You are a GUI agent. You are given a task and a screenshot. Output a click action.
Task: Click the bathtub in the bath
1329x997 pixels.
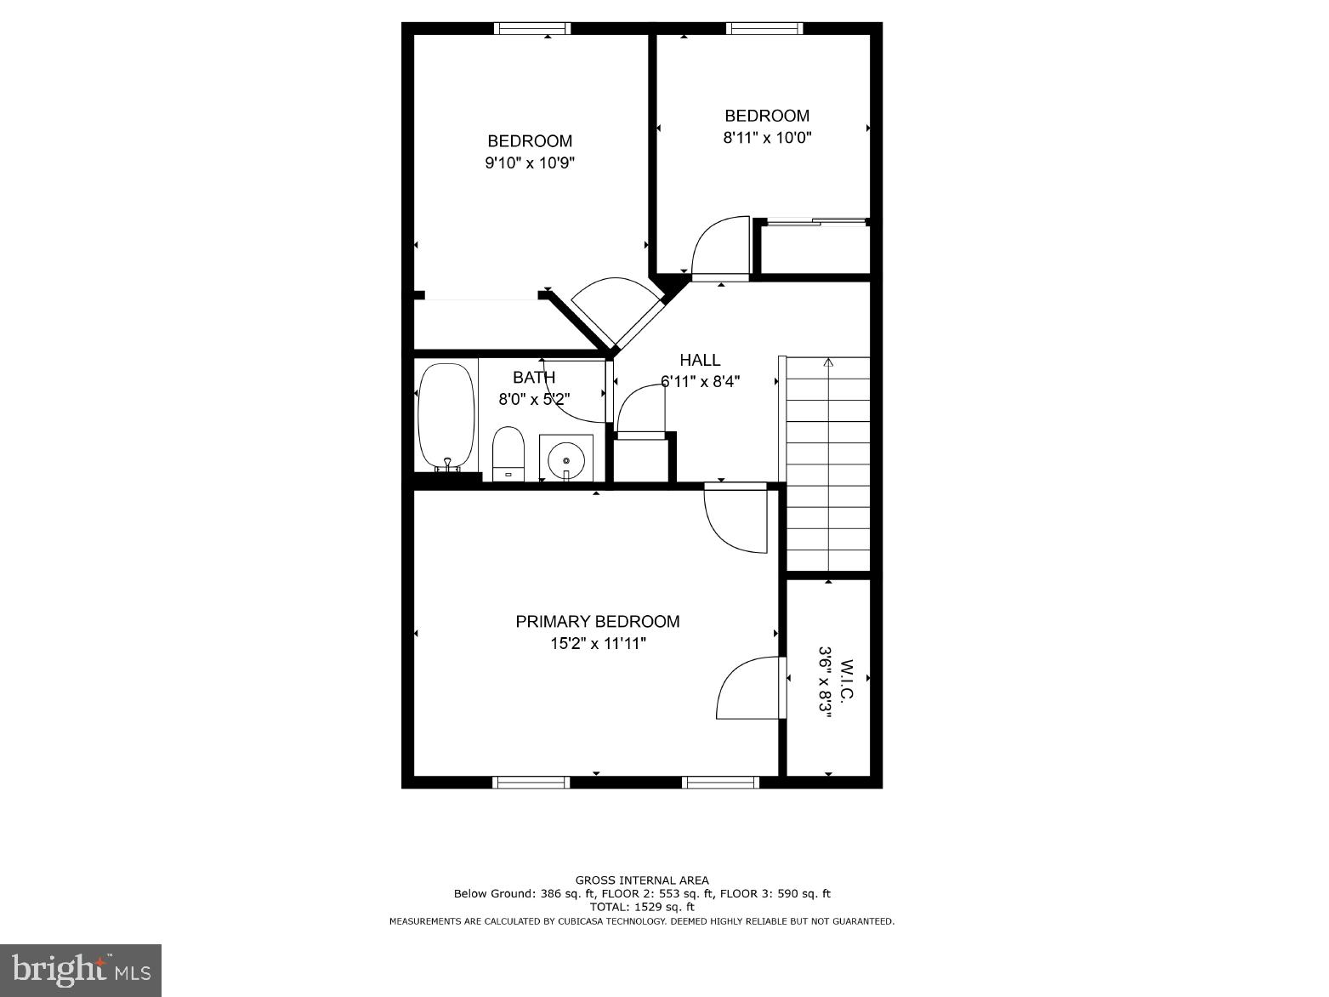(446, 416)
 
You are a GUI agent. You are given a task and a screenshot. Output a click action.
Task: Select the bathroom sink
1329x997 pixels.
(566, 460)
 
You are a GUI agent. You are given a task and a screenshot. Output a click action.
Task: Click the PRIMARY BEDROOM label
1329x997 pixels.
(598, 622)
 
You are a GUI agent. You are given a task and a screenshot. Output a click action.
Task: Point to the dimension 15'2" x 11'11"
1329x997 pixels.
(598, 644)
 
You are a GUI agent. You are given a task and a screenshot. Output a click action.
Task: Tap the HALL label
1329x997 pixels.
(700, 360)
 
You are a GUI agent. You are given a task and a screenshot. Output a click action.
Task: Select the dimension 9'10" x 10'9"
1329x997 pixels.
(530, 162)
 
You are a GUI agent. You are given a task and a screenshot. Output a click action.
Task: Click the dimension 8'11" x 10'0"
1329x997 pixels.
(767, 137)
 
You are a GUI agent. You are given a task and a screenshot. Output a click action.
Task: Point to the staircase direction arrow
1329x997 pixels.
(828, 364)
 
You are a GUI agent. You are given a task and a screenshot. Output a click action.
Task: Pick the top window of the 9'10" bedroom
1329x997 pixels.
(532, 28)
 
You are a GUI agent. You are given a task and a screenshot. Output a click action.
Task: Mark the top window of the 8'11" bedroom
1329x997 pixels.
(764, 28)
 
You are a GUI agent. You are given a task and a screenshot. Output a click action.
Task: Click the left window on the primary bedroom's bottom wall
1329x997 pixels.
(531, 783)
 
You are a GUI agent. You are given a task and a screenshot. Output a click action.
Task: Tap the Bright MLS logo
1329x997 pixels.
(81, 971)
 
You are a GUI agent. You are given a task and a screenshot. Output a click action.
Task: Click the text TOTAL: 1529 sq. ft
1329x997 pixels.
(642, 907)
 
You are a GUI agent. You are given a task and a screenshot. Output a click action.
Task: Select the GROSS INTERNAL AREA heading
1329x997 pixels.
(642, 880)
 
